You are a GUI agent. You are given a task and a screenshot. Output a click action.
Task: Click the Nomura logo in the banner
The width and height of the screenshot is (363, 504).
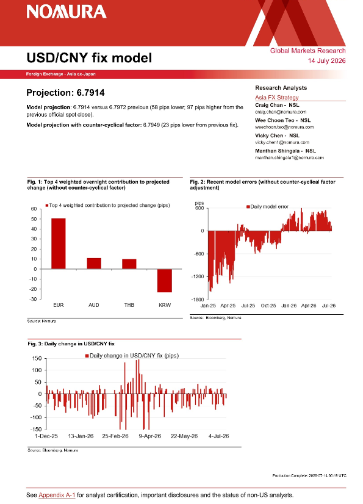point(66,12)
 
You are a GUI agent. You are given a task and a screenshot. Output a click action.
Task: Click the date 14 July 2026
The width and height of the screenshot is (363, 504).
point(326,61)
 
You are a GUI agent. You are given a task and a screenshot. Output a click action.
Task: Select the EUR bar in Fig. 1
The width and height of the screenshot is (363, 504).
point(58,243)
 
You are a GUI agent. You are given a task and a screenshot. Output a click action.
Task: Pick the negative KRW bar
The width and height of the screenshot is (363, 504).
point(165,281)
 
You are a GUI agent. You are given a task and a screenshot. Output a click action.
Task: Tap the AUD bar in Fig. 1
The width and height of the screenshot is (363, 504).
point(94,264)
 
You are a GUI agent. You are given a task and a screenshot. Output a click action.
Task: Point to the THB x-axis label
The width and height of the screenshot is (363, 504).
point(129,305)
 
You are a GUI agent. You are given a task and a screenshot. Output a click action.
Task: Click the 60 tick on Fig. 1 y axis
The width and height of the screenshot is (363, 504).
point(34,209)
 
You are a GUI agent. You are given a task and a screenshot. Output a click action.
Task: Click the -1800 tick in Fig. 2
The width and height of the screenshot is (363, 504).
point(198,300)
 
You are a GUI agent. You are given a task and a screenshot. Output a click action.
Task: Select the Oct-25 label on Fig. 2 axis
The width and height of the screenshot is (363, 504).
point(268,306)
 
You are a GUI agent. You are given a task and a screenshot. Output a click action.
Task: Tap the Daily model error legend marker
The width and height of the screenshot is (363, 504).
point(248,207)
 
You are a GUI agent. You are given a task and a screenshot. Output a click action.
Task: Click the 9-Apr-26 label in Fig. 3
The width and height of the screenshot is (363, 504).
point(150,436)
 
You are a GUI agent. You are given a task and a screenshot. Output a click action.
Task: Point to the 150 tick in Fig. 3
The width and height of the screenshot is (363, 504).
point(37,358)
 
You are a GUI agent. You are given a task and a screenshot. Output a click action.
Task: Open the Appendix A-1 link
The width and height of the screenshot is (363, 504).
point(57,495)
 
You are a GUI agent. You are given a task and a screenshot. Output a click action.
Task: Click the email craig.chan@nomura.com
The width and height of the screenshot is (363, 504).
point(281,112)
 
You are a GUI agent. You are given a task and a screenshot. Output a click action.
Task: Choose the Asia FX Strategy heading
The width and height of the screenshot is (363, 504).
point(277,98)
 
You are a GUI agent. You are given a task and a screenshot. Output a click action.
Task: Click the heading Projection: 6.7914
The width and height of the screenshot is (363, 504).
point(66,93)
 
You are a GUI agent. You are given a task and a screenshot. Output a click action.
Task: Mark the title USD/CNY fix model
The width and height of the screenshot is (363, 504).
point(90,58)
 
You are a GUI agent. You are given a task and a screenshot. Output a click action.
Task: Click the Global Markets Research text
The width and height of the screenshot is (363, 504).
point(307,51)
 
